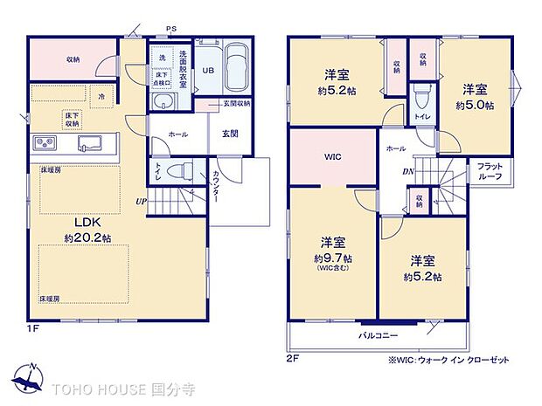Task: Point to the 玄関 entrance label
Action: coord(229,134)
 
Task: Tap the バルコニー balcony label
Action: coord(376,336)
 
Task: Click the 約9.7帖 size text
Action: coord(336,258)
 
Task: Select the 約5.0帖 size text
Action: coord(475,105)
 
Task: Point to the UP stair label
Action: coord(140,202)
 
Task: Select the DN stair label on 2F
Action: coord(406,172)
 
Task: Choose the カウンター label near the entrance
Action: coord(215,185)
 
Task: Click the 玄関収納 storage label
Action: coord(234,103)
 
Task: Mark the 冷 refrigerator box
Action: coord(102,96)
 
